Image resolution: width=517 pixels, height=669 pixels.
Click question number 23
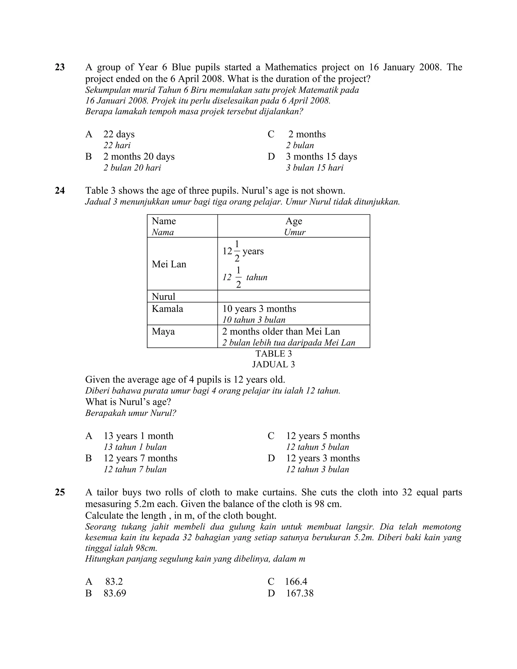pyautogui.click(x=60, y=67)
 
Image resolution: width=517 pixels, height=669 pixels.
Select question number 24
pyautogui.click(x=60, y=191)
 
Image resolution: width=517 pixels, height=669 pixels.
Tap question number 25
pyautogui.click(x=60, y=492)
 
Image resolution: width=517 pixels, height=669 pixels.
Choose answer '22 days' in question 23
pyautogui.click(x=119, y=134)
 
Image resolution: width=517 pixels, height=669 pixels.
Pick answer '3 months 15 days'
pyautogui.click(x=321, y=157)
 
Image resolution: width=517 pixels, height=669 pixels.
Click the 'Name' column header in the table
pyautogui.click(x=164, y=221)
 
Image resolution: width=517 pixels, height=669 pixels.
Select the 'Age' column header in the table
pyautogui.click(x=294, y=221)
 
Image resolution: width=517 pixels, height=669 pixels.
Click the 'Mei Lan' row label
pyautogui.click(x=169, y=264)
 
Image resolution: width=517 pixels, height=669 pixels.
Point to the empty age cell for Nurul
pyautogui.click(x=293, y=296)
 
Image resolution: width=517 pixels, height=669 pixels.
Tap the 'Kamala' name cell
pyautogui.click(x=167, y=308)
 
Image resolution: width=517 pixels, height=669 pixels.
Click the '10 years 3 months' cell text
pyautogui.click(x=259, y=308)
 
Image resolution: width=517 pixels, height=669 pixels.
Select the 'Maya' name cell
pyautogui.click(x=163, y=331)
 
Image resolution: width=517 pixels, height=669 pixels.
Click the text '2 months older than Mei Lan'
pyautogui.click(x=281, y=331)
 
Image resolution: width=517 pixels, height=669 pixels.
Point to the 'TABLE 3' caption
pyautogui.click(x=273, y=353)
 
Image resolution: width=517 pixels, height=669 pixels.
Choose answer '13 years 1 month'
pyautogui.click(x=138, y=435)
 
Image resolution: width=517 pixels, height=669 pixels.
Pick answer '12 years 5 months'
pyautogui.click(x=323, y=435)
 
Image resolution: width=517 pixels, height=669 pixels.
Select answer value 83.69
pyautogui.click(x=115, y=593)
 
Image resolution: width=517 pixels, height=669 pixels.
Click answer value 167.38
pyautogui.click(x=300, y=593)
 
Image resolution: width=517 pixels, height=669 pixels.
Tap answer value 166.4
pyautogui.click(x=296, y=581)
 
